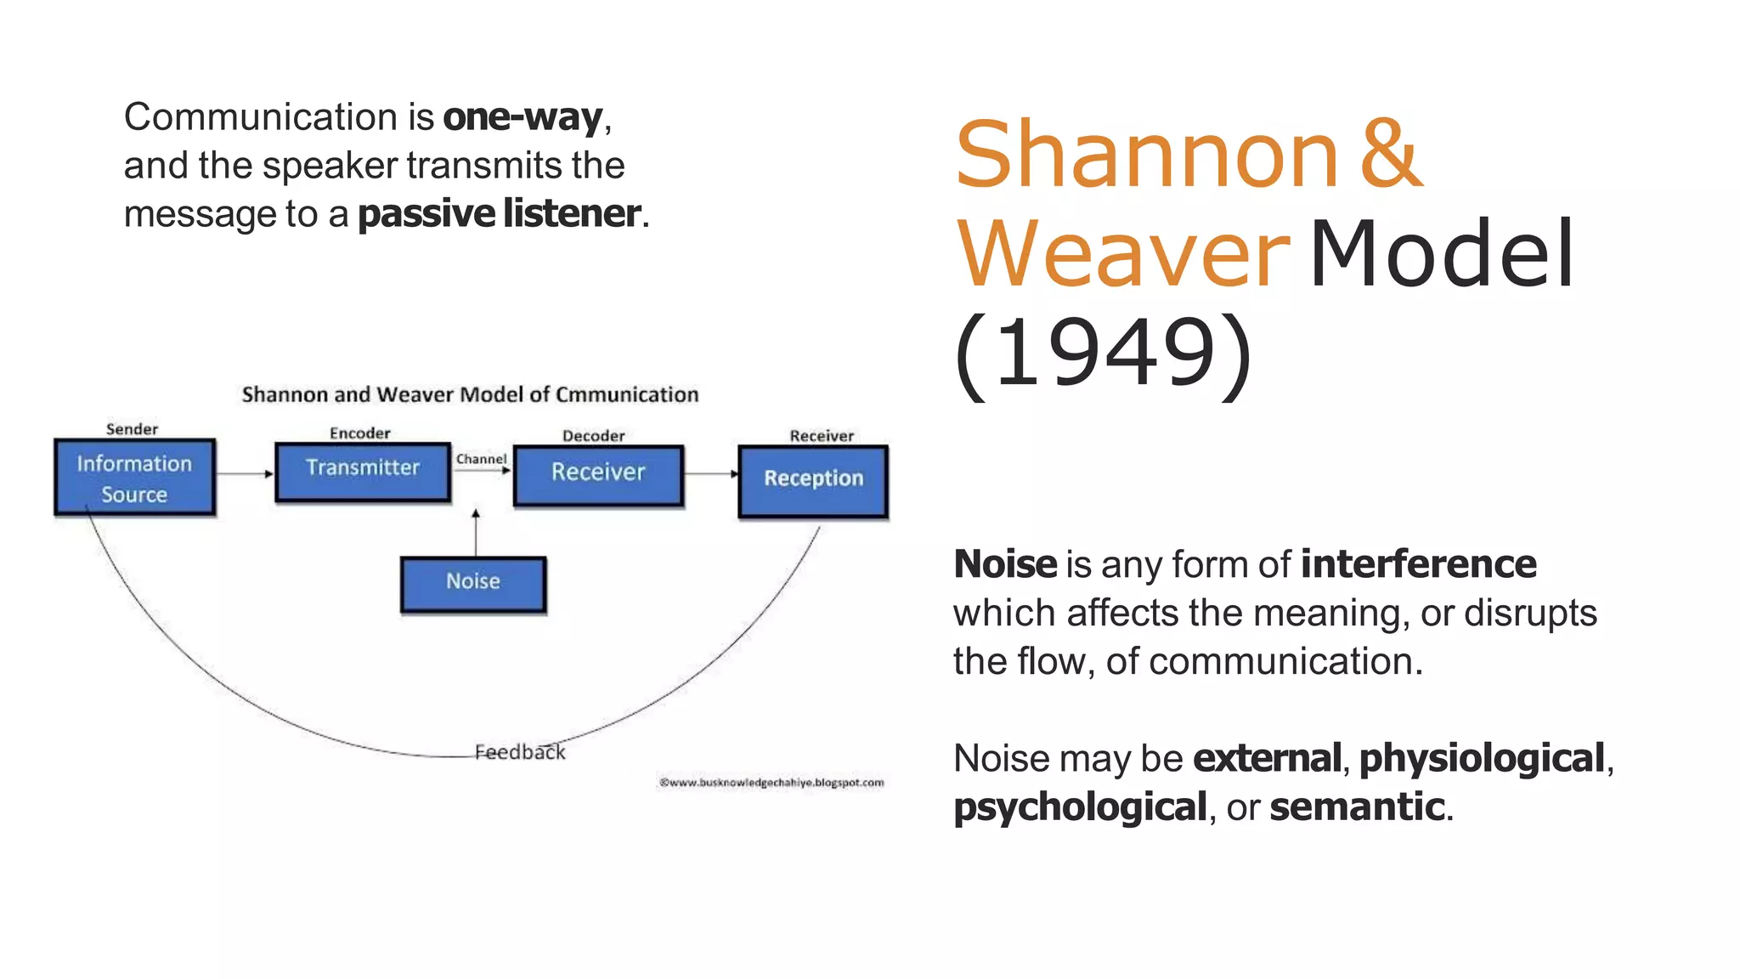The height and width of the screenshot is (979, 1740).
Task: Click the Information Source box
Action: click(134, 478)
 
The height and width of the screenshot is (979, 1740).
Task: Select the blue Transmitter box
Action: click(363, 472)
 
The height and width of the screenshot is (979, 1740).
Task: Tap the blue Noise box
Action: click(473, 585)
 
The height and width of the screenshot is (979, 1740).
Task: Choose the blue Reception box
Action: click(813, 481)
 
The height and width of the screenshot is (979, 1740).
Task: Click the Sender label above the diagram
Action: click(132, 429)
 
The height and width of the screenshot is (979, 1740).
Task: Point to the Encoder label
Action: click(359, 433)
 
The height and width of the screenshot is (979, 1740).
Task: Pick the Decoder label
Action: click(593, 436)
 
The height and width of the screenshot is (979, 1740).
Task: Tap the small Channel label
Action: click(481, 459)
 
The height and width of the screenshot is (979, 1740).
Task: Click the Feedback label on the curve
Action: click(519, 752)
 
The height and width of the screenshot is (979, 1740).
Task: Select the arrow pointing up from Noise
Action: click(476, 531)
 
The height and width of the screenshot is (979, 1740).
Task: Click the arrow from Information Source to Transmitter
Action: click(245, 473)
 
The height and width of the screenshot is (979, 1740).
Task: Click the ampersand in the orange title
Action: click(1391, 155)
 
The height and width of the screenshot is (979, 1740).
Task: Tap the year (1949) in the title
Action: click(1103, 353)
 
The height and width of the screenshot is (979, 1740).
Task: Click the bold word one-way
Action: click(523, 117)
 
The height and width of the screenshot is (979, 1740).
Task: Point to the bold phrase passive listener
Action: click(499, 213)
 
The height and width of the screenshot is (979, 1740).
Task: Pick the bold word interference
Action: click(1418, 564)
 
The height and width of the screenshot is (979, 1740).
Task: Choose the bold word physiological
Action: click(1482, 758)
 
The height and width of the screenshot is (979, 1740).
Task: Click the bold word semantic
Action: click(1357, 806)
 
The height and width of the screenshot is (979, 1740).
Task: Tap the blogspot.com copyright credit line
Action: click(771, 783)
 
